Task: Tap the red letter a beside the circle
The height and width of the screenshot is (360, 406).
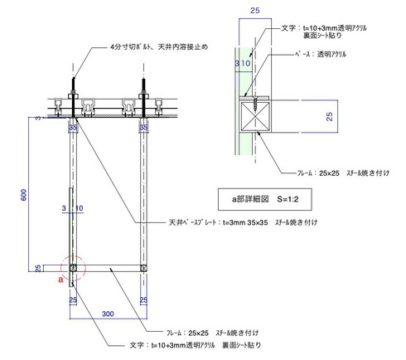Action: coord(60,280)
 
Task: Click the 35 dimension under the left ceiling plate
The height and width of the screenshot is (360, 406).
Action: coord(73,128)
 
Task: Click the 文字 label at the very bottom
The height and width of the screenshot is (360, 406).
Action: coord(196,343)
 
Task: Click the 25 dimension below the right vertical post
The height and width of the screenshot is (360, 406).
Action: coord(143,299)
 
